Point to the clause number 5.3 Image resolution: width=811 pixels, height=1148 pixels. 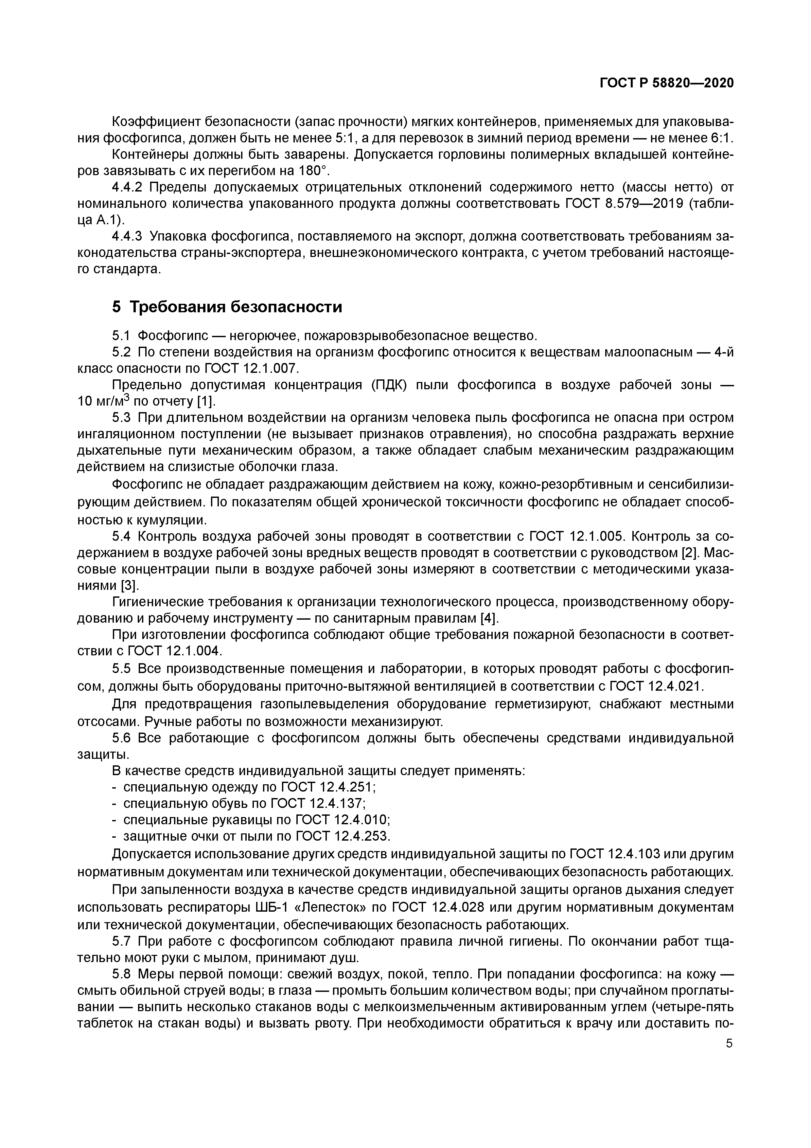(x=121, y=417)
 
